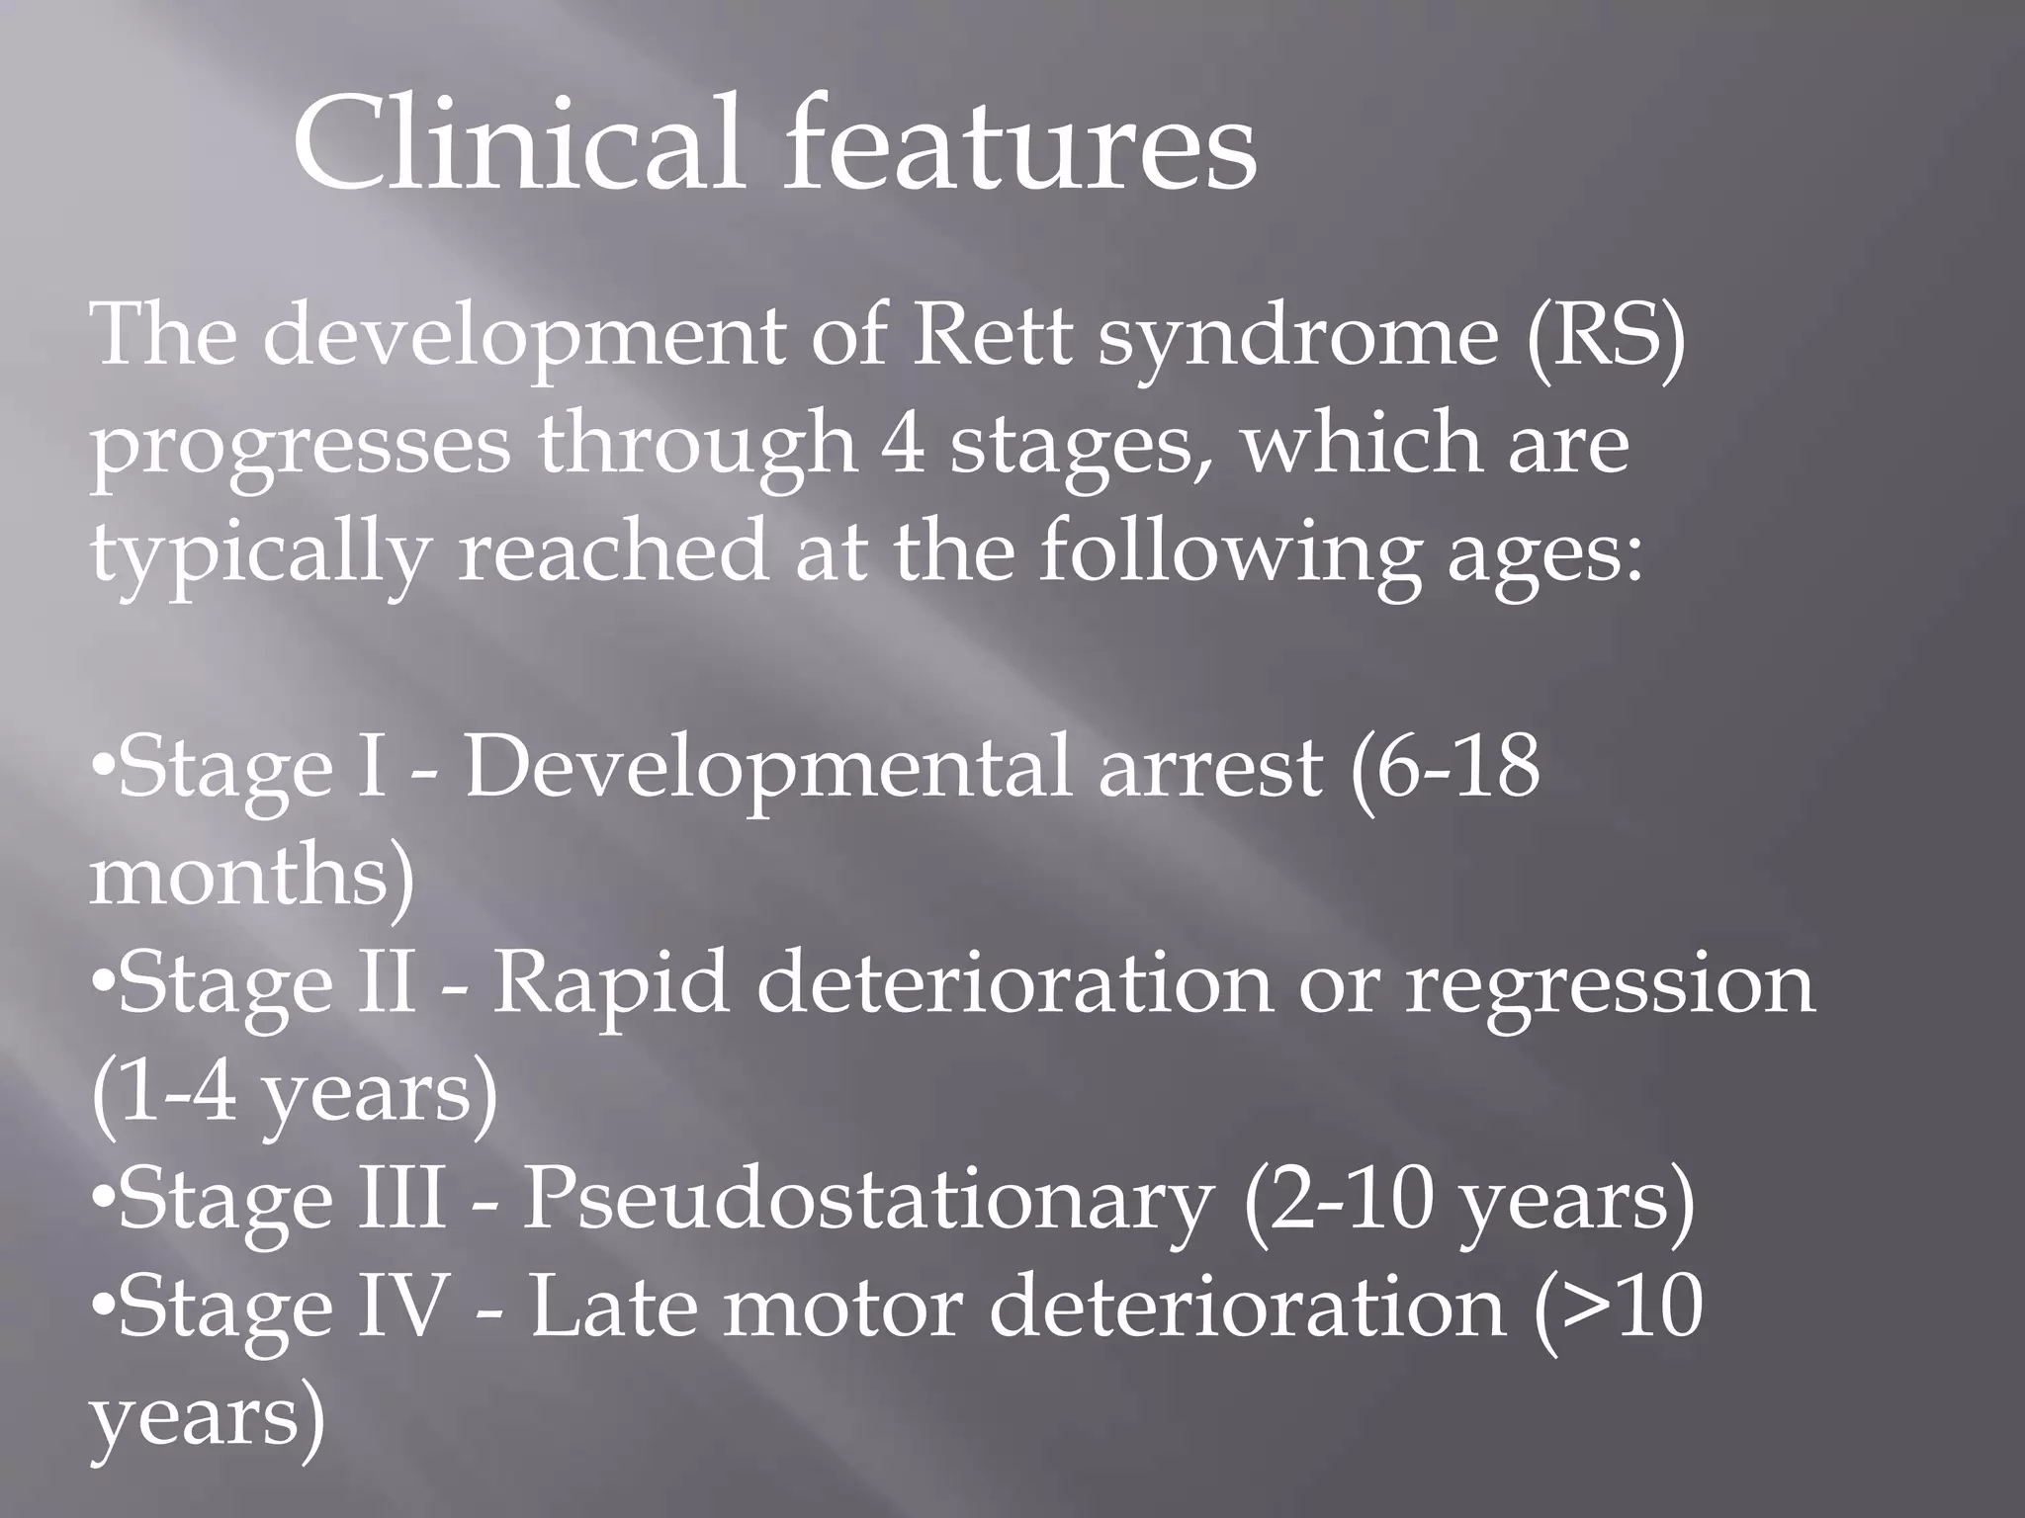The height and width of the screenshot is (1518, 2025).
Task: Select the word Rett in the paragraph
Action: (992, 336)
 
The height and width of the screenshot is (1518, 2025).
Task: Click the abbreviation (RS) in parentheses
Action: (1605, 336)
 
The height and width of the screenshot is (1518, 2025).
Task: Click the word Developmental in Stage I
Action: (767, 768)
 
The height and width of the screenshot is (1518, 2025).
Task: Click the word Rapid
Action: (610, 986)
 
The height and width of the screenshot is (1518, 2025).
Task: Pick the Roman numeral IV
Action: (402, 1307)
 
